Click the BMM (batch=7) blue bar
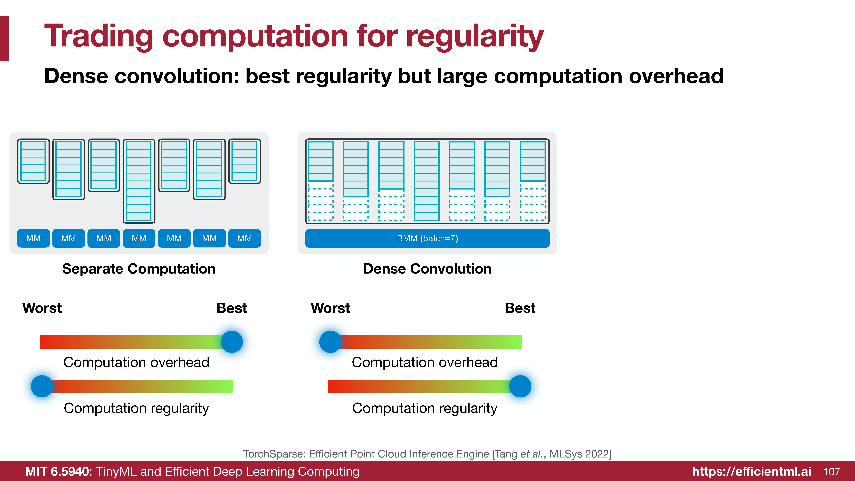[x=427, y=238]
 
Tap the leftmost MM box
[x=33, y=238]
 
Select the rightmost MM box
[x=244, y=238]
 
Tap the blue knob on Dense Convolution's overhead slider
[x=330, y=342]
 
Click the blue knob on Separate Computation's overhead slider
[x=232, y=342]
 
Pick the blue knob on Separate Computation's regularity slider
[x=42, y=386]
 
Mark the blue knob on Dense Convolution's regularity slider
[x=520, y=386]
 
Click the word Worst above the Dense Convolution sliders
[x=330, y=308]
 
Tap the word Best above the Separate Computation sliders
[x=232, y=308]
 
